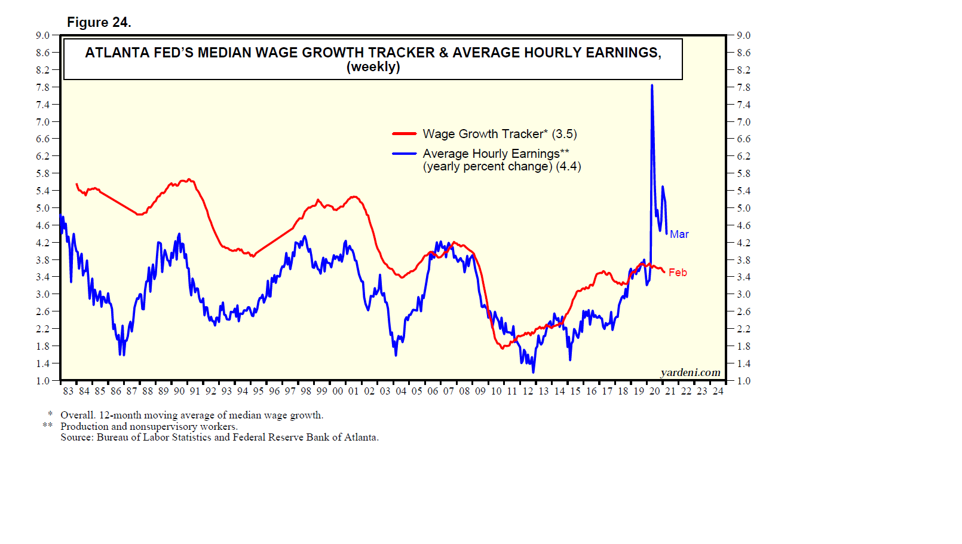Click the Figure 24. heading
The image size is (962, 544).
tap(99, 23)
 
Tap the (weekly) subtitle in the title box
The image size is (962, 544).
tap(373, 67)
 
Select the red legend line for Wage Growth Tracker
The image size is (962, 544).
tap(405, 134)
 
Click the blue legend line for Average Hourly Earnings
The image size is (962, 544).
tap(405, 154)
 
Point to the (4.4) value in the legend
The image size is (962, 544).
tap(568, 166)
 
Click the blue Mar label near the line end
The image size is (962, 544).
tap(679, 234)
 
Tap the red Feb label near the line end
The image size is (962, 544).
tap(678, 273)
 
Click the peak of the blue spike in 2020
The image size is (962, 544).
tap(652, 85)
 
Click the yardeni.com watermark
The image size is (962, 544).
tap(690, 372)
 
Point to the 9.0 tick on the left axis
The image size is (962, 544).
tap(42, 35)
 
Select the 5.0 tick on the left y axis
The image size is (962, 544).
tap(42, 208)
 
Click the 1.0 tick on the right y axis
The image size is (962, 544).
tap(743, 381)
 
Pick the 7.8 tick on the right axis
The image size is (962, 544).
tap(743, 87)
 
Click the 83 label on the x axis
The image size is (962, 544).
tap(68, 391)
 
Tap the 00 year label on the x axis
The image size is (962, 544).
tap(338, 391)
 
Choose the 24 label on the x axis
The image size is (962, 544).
tap(718, 391)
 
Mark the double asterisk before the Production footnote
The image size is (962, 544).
tap(48, 426)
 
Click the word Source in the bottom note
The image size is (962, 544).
tap(76, 437)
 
